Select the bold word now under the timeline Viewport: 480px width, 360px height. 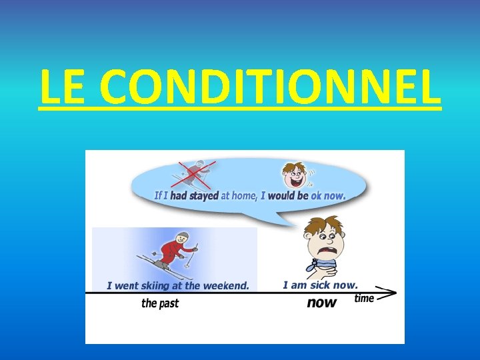point(321,303)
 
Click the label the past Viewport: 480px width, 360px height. point(160,303)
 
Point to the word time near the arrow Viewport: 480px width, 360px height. point(364,298)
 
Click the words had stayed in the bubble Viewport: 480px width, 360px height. point(195,196)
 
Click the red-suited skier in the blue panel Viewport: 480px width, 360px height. point(175,251)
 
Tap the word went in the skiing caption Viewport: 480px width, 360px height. point(126,286)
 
